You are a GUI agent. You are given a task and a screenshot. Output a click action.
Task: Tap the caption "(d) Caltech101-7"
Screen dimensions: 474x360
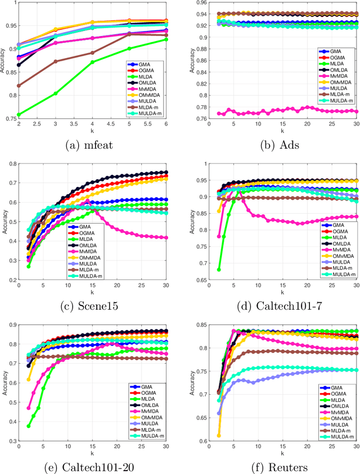271,305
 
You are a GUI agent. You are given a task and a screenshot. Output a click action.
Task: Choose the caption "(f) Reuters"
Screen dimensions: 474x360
271,466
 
